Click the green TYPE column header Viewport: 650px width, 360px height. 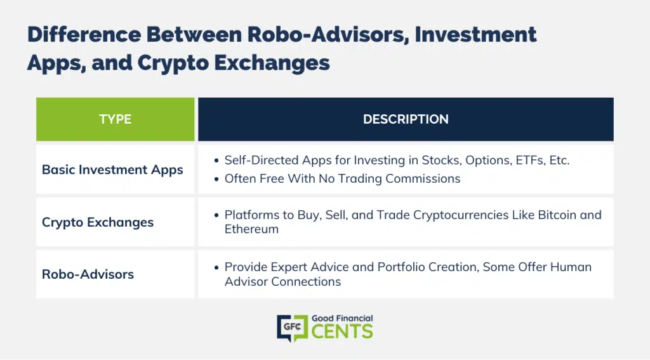tap(116, 119)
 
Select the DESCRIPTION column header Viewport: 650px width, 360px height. tap(406, 119)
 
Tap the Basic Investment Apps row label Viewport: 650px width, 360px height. tap(112, 170)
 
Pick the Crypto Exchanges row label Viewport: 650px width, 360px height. tap(97, 222)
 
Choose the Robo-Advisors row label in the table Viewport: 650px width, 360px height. tap(88, 274)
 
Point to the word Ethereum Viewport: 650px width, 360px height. tap(251, 229)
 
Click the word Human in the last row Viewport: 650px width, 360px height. tap(571, 267)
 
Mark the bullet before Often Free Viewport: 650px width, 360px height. tap(216, 179)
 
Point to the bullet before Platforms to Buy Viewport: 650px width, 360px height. tap(216, 215)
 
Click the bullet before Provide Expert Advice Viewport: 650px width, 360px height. tap(216, 267)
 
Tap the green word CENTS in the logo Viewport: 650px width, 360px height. tap(342, 331)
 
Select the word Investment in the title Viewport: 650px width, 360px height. tap(476, 34)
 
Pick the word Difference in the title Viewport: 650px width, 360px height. tap(84, 34)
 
